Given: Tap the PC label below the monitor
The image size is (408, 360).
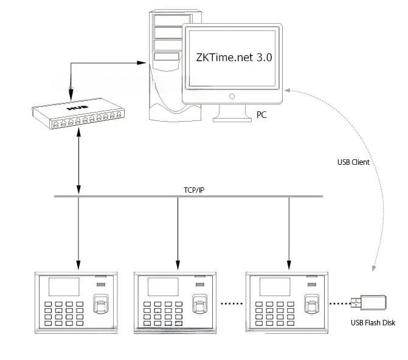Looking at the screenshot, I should pos(261,114).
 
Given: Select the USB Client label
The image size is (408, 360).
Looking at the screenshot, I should pos(353,162).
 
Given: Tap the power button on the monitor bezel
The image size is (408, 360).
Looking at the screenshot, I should pos(232,96).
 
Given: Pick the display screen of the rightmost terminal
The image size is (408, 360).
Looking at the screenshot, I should pos(274,288).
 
